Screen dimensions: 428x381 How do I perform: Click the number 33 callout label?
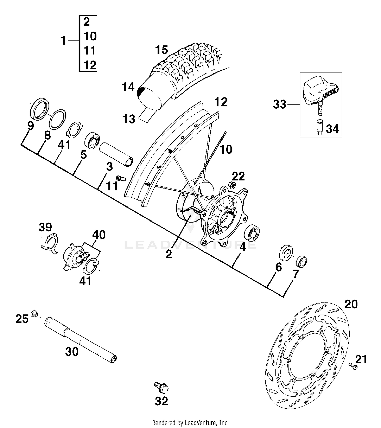coord(280,105)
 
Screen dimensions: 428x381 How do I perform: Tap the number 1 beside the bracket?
coord(63,41)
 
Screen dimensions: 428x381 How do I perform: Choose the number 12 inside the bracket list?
coord(90,65)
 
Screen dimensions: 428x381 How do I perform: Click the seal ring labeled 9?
coord(40,108)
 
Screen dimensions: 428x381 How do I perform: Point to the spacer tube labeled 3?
coord(116,154)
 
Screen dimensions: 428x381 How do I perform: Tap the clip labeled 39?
coord(50,244)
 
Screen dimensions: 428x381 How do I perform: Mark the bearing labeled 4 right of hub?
coord(252,232)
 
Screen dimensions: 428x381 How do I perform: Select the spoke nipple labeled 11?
coord(121,178)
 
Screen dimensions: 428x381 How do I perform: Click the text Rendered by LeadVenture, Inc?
coord(190,423)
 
